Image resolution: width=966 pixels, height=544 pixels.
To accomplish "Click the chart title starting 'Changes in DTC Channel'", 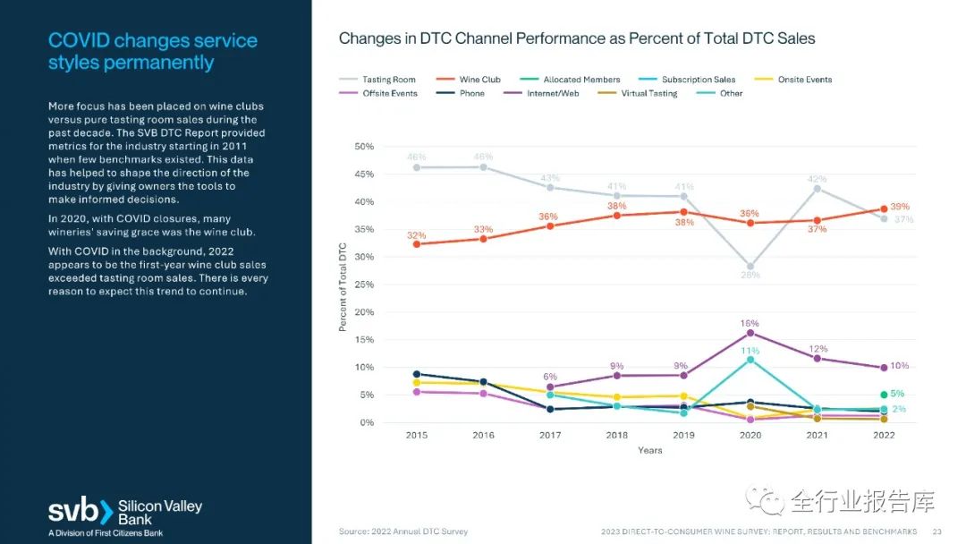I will pyautogui.click(x=577, y=39).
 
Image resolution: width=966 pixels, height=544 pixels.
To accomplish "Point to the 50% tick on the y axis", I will pyautogui.click(x=364, y=147).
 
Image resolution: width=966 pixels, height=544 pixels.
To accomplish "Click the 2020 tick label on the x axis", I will pyautogui.click(x=750, y=436).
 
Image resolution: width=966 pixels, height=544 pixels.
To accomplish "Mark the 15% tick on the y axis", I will pyautogui.click(x=364, y=340).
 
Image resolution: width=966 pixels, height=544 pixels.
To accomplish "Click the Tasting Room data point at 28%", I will pyautogui.click(x=750, y=267).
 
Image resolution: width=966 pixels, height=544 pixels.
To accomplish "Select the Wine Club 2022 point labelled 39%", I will pyautogui.click(x=884, y=209).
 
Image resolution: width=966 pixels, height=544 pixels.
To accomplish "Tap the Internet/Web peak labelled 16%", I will pyautogui.click(x=750, y=333).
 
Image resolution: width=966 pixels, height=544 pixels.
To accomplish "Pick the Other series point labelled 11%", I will pyautogui.click(x=750, y=360).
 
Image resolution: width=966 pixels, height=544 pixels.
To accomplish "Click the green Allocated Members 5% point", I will pyautogui.click(x=884, y=395).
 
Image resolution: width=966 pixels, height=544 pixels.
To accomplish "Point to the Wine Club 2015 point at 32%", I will pyautogui.click(x=416, y=244).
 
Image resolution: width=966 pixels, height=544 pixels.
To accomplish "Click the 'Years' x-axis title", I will pyautogui.click(x=650, y=450).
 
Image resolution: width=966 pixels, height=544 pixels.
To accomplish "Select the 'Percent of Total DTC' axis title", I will pyautogui.click(x=343, y=285).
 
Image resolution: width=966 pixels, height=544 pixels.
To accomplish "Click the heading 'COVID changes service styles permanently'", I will pyautogui.click(x=153, y=51).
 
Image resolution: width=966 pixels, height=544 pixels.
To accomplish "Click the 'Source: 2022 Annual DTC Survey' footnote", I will pyautogui.click(x=403, y=531).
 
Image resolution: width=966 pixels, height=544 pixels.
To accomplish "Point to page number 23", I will pyautogui.click(x=936, y=531).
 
